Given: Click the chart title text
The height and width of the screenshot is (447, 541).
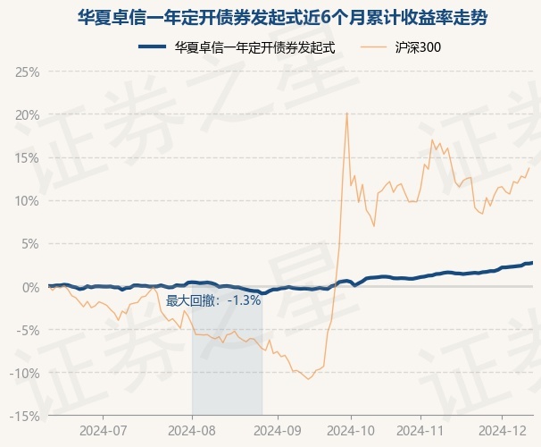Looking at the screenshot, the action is [282, 18].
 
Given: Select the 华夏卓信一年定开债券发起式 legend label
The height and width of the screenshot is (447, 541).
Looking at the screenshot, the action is [254, 47].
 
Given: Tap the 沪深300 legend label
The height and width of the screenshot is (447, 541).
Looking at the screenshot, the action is [418, 47].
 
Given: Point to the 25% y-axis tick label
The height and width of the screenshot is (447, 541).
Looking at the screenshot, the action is [28, 72].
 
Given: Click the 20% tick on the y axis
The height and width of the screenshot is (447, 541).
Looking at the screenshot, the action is [28, 115].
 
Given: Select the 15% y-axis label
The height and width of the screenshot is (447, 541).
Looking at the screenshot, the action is [28, 158].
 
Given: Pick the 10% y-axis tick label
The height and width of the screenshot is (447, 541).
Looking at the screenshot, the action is [28, 201].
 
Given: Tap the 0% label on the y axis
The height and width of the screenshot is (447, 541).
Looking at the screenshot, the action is [31, 287].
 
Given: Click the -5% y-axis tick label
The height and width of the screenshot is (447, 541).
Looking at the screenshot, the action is [27, 330].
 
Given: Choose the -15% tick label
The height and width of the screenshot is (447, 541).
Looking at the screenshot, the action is [24, 417].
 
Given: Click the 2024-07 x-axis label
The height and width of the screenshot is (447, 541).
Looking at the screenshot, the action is [104, 431].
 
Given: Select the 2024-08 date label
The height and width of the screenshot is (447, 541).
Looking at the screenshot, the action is [192, 431].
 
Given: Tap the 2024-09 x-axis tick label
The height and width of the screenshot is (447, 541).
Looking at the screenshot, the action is [278, 431].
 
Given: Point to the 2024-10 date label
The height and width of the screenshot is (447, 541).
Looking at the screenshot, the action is [351, 431].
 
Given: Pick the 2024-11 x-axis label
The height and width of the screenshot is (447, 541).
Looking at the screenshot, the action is [420, 431].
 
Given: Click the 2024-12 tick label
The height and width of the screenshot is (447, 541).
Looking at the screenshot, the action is [503, 431].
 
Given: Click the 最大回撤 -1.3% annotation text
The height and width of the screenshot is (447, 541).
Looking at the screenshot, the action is [213, 300].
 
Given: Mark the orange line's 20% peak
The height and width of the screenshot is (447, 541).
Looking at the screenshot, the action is [346, 114].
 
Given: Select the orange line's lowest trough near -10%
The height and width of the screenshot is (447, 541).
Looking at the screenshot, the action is [308, 379].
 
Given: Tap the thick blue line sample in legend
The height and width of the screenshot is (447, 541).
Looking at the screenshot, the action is [152, 47].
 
